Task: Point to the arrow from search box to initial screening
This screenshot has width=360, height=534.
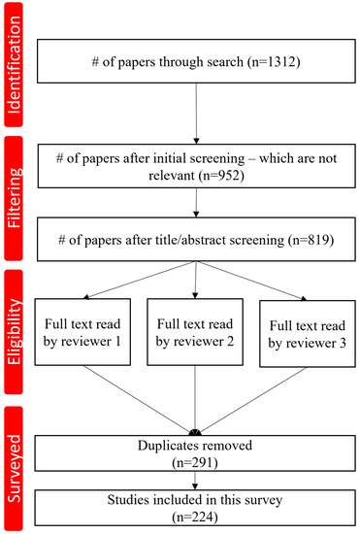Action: pos(198,121)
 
